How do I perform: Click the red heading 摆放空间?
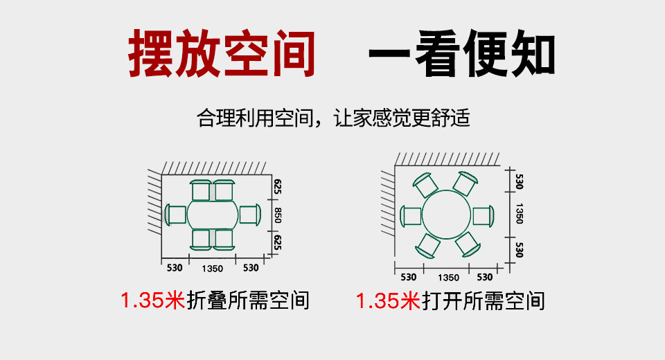222,53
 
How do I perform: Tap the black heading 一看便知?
462,53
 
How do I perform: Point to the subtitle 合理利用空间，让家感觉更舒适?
333,118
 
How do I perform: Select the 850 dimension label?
278,215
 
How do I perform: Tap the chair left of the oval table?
175,215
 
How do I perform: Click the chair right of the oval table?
250,215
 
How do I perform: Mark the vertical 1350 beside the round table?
519,213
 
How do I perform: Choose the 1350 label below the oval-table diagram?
212,269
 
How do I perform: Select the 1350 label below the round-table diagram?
448,278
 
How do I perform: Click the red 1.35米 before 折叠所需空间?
152,300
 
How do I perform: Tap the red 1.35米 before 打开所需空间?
388,300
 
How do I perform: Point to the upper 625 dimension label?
278,187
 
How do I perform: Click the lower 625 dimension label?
278,242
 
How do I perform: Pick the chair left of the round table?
411,216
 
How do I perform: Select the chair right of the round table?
484,216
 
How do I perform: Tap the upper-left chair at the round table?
425,184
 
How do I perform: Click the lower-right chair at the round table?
468,244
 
